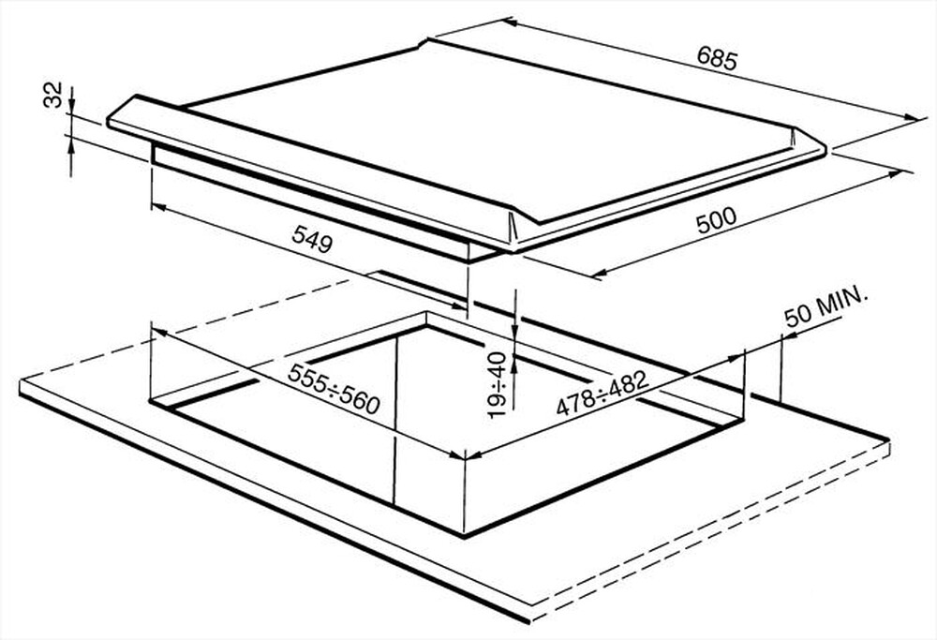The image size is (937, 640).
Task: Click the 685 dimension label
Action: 717,59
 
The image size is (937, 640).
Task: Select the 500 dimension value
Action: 717,220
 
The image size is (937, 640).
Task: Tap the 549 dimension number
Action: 312,239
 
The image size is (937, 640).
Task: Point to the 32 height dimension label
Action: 53,95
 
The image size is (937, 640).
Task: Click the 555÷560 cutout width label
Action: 334,389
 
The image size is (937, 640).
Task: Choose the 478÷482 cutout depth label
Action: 602,393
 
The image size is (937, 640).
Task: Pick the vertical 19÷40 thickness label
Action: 498,385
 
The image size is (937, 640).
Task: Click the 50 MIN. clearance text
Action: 825,306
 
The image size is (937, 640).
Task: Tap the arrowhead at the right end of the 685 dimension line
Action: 914,117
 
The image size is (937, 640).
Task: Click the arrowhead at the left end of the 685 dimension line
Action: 510,22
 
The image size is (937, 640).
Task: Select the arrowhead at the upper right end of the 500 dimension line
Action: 895,173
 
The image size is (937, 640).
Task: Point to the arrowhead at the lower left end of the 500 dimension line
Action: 600,273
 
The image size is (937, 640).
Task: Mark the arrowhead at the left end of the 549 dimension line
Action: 157,207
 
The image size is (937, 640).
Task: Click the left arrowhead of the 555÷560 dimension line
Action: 157,333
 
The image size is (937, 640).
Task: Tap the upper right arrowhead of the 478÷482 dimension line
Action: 736,357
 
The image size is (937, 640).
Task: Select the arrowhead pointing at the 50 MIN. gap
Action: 789,337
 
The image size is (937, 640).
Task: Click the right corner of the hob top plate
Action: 826,148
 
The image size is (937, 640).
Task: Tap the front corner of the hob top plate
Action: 513,248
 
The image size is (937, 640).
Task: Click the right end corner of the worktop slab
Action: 889,442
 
